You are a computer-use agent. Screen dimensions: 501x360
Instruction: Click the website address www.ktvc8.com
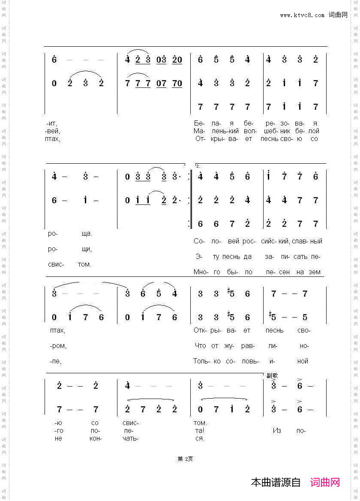click(302, 15)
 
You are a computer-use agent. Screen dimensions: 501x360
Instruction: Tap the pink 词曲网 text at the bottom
click(325, 482)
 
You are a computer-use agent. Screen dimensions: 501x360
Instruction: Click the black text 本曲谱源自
click(276, 482)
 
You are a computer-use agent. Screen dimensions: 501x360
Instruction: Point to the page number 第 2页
click(185, 459)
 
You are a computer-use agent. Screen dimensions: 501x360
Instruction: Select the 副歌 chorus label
click(272, 375)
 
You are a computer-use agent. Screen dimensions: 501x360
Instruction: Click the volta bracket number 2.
click(198, 165)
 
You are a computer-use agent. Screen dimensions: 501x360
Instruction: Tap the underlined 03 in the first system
click(161, 60)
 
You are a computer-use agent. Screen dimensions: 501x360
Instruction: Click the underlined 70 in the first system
click(177, 83)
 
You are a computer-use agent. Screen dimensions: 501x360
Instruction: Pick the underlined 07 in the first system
click(161, 83)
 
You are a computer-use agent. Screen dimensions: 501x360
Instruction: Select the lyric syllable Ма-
click(199, 131)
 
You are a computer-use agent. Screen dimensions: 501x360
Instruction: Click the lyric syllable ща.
click(87, 234)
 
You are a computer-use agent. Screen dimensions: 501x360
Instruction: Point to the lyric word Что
click(200, 345)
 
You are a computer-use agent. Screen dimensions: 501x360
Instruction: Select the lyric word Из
click(276, 430)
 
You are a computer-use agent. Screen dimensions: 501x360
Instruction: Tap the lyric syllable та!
click(199, 430)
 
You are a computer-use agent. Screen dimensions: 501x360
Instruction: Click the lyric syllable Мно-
click(201, 272)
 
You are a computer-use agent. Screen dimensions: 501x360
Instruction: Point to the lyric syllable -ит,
click(52, 123)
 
